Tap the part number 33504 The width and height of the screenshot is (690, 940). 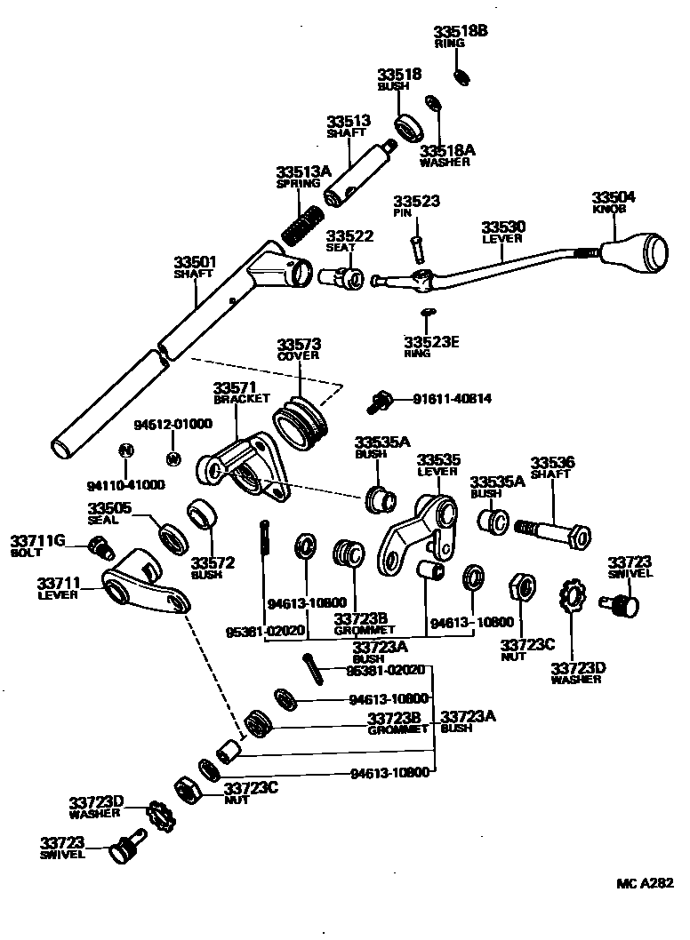[x=614, y=196]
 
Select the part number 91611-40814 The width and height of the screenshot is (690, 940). [x=452, y=399]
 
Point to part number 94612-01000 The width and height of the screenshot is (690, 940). [x=172, y=424]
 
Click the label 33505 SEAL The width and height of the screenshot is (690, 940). [x=109, y=514]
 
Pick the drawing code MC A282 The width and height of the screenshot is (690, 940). [x=646, y=883]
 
